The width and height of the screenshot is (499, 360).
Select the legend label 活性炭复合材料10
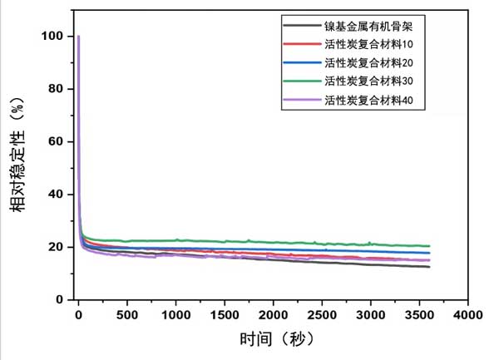pos(368,45)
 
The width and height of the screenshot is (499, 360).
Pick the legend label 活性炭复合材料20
pos(368,63)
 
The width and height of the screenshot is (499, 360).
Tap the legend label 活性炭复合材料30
pos(368,81)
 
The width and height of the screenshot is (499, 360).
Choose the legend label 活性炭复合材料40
pos(368,100)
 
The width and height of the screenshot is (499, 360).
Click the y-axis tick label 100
pos(52,37)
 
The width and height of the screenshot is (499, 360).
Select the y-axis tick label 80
pos(55,89)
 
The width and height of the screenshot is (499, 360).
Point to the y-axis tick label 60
pos(55,141)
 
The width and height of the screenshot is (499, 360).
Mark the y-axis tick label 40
pos(55,194)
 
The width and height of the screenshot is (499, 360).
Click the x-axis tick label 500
pos(127,316)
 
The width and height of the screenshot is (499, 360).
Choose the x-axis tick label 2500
pos(323,316)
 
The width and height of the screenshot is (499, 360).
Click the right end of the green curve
pos(429,246)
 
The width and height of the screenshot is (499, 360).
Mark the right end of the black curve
pos(429,266)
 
